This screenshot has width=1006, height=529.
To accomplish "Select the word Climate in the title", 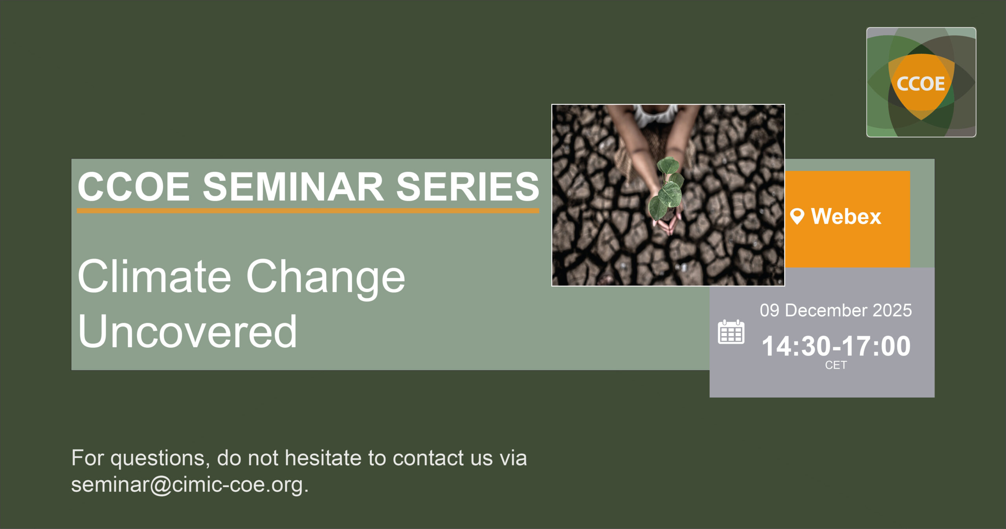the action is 154,276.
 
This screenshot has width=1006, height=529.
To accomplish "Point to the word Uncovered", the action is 187,331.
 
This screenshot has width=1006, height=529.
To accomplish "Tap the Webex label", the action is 846,216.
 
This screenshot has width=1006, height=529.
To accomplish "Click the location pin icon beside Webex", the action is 797,216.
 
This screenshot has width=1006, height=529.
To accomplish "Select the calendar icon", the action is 731,332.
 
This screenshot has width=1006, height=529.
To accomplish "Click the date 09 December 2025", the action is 835,310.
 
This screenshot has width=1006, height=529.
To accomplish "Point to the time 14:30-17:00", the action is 836,346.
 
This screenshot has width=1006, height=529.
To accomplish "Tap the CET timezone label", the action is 836,365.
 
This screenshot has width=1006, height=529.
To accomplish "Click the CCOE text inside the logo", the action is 921,84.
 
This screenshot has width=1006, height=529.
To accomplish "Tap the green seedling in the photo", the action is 667,188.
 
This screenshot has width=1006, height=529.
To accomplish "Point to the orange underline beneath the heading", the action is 308,211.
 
